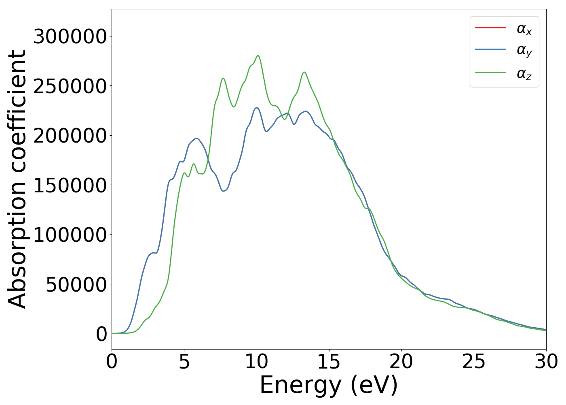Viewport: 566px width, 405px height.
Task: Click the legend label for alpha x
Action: pos(524,29)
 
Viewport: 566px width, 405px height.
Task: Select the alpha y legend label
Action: pos(524,51)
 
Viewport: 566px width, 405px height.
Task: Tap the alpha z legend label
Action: pos(524,74)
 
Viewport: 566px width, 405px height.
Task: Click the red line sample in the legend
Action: pos(490,28)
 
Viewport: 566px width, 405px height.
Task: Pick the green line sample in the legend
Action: pos(490,73)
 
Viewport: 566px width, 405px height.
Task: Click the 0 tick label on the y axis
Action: pos(101,335)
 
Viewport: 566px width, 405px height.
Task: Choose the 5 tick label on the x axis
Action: pos(184,362)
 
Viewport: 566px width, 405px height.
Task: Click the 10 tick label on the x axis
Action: pos(256,362)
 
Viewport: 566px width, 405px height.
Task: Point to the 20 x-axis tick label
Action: pos(401,362)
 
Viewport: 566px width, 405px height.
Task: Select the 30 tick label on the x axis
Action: pos(546,362)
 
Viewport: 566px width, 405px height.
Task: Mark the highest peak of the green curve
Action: pos(258,55)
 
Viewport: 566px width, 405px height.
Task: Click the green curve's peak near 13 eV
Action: pos(304,72)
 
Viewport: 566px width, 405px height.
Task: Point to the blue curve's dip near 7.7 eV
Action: pos(224,191)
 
